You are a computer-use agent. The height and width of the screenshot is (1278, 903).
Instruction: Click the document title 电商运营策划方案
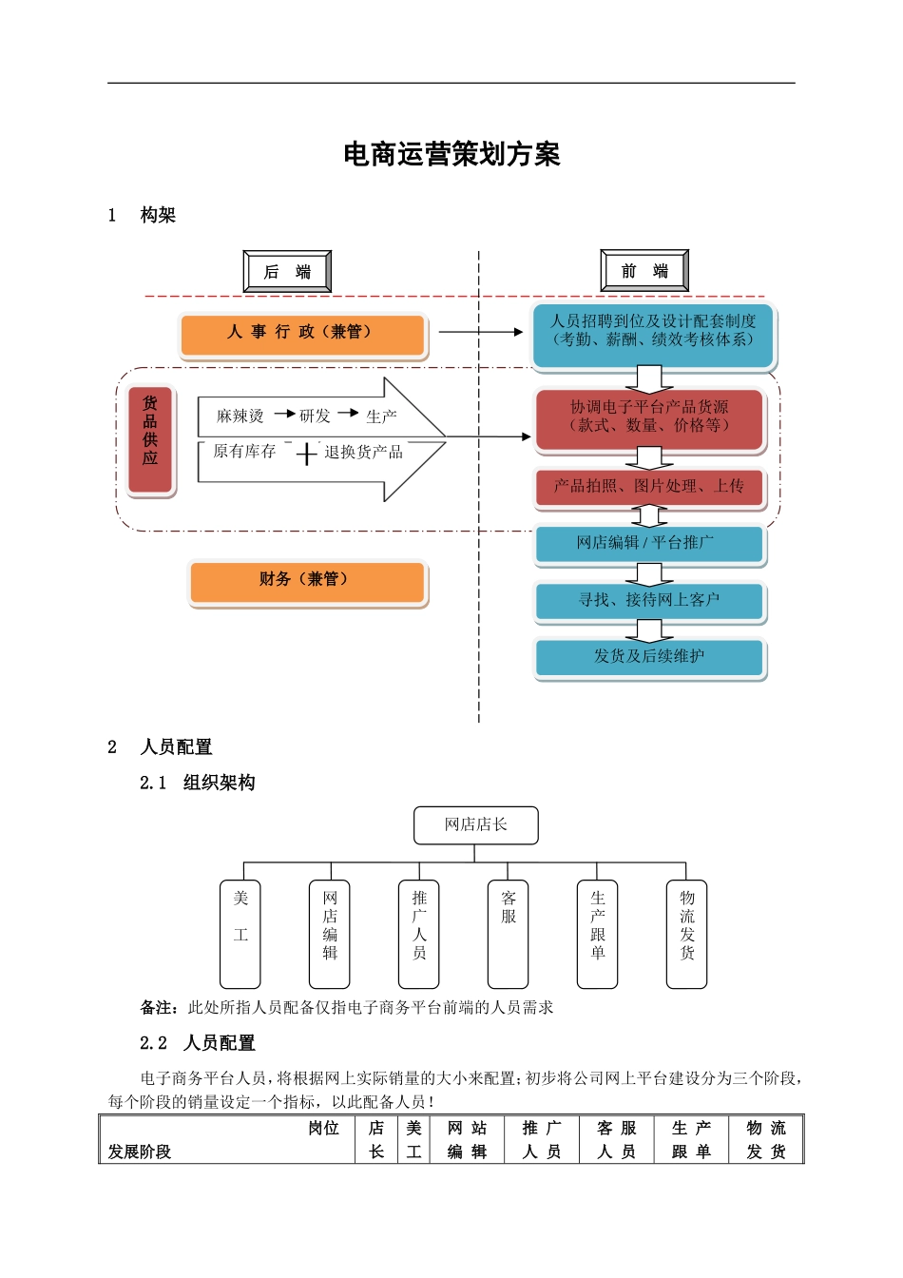451,154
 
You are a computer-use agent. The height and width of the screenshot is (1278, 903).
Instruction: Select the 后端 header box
287,272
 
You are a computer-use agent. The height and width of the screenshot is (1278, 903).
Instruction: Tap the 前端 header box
644,272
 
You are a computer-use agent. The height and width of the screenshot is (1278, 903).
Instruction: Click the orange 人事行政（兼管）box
302,334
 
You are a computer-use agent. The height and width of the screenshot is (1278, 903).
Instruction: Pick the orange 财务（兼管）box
308,581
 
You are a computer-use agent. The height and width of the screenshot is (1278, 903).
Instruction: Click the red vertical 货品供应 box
150,440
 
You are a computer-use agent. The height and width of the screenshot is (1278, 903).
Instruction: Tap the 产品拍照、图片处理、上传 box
649,488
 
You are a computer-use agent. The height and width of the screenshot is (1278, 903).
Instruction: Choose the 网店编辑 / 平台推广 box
649,544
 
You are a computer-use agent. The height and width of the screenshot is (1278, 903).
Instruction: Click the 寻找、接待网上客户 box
649,601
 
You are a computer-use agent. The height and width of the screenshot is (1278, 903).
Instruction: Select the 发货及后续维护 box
649,657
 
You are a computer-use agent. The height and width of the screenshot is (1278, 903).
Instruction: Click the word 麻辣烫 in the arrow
240,416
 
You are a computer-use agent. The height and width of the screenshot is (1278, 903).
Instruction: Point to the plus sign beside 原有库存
306,454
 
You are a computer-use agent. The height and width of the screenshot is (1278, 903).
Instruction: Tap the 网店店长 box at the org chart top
475,825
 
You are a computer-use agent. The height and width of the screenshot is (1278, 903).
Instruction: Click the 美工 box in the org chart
240,934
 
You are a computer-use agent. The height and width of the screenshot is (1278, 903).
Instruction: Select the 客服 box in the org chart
509,934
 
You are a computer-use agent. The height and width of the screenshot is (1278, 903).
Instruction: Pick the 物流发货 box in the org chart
687,934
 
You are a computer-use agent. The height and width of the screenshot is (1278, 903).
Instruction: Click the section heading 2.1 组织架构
198,783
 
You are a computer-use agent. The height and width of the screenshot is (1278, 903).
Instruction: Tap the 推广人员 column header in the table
542,1139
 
